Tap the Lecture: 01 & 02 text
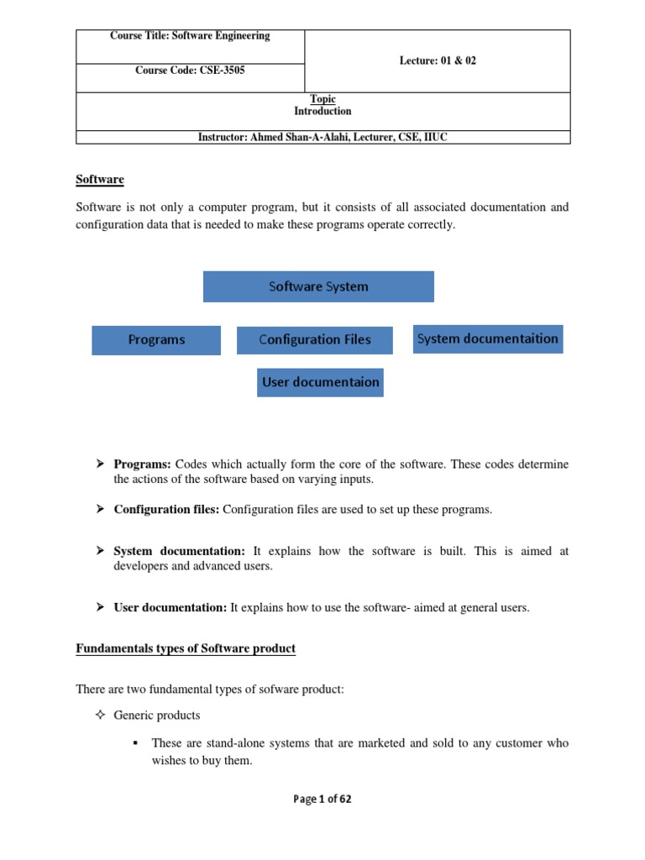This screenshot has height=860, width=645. coord(437,61)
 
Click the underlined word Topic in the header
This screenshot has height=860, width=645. coord(322,99)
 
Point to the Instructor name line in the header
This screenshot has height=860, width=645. coord(322,137)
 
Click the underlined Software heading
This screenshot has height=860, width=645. coord(100,180)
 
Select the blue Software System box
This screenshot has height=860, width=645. coord(318,286)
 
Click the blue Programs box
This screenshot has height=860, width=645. coord(156,340)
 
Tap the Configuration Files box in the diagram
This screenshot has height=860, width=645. coord(314,340)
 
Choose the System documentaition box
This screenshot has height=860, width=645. coord(487,338)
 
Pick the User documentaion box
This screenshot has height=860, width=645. coord(319,382)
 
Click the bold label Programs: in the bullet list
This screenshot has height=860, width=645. coord(143,464)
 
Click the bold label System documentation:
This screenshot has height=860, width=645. coord(179,551)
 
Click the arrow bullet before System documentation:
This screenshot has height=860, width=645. coord(99,551)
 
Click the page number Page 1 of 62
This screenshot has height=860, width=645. coord(322,800)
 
